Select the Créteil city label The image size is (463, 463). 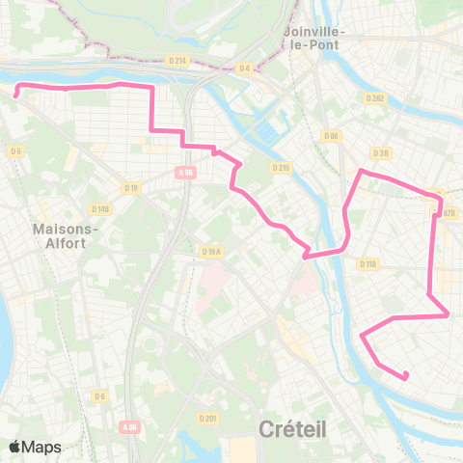[x=293, y=428]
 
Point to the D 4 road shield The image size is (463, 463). [x=244, y=68]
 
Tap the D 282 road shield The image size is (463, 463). [x=375, y=98]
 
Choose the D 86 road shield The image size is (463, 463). [x=333, y=135]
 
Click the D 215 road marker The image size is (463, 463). [x=281, y=168]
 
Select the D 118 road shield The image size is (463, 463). [x=368, y=263]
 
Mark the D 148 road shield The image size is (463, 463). [x=100, y=208]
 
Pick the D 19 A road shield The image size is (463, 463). [x=211, y=252]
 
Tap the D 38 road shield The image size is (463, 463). [x=379, y=152]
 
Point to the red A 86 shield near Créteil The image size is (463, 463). [x=130, y=426]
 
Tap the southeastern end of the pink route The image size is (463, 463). [x=406, y=374]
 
